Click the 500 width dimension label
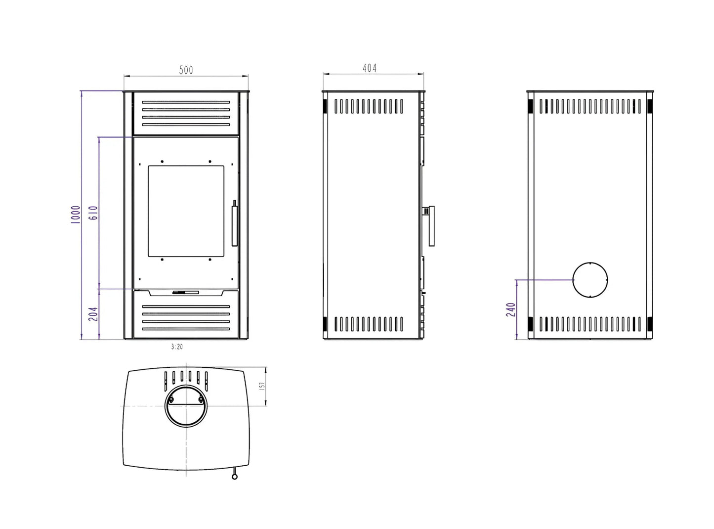click(186, 70)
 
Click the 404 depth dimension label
click(369, 68)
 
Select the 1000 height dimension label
click(75, 215)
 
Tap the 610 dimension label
click(93, 213)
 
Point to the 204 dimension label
click(93, 314)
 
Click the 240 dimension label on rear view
click(511, 309)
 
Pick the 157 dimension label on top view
click(262, 386)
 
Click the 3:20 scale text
click(177, 347)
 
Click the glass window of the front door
click(186, 211)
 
